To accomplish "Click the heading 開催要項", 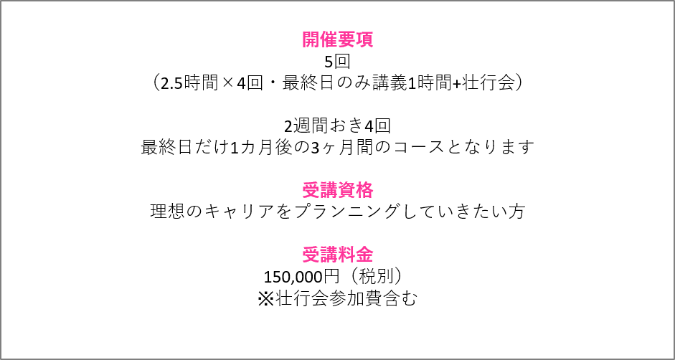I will [337, 39].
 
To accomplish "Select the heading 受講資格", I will [337, 190].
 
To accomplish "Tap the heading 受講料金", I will [337, 255].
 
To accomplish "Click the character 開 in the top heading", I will [311, 39].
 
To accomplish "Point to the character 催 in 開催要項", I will [329, 39].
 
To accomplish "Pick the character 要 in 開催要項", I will [346, 39].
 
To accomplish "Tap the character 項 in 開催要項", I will [364, 39].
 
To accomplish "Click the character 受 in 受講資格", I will [311, 190].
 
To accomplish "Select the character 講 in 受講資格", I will [329, 190].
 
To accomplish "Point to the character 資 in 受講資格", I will [346, 190].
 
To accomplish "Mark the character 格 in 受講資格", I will [364, 190].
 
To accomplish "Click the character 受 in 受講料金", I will [311, 255].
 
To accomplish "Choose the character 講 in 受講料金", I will [329, 255].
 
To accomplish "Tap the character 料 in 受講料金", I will [346, 255].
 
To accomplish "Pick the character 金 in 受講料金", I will [364, 255].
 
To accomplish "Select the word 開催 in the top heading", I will [319, 39].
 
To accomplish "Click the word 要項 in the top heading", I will [355, 39].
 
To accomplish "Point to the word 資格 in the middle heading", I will [355, 190].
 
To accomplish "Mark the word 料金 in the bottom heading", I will [355, 255].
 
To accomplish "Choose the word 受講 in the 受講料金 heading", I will [319, 255].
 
